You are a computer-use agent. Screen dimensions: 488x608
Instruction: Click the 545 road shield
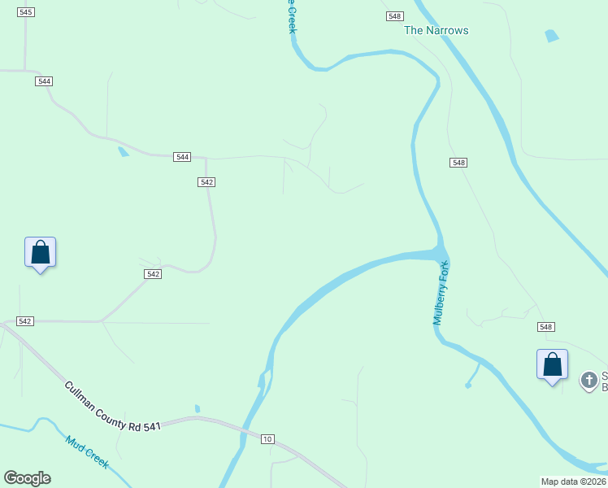25,12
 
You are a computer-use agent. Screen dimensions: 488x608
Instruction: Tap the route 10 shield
267,439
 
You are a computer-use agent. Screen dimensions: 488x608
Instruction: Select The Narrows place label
436,31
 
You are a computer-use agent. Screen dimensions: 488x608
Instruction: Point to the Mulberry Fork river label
441,294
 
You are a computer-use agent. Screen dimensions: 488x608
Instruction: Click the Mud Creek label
87,451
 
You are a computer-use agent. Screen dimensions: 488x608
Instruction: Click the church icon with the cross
588,380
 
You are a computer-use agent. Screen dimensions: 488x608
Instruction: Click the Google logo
27,478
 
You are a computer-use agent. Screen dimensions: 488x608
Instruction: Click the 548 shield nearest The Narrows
395,16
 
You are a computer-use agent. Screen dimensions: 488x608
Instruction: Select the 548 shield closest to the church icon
545,327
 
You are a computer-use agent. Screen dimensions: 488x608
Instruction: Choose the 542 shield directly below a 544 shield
206,182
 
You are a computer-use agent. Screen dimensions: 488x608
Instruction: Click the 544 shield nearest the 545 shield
44,81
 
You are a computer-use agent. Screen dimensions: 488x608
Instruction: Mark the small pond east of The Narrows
552,36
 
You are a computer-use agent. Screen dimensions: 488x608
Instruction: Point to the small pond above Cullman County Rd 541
198,408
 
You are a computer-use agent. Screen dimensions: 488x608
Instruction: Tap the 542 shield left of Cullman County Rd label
24,321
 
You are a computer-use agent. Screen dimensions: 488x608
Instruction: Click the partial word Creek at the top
291,18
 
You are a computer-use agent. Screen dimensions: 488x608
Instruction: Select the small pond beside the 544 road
123,150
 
